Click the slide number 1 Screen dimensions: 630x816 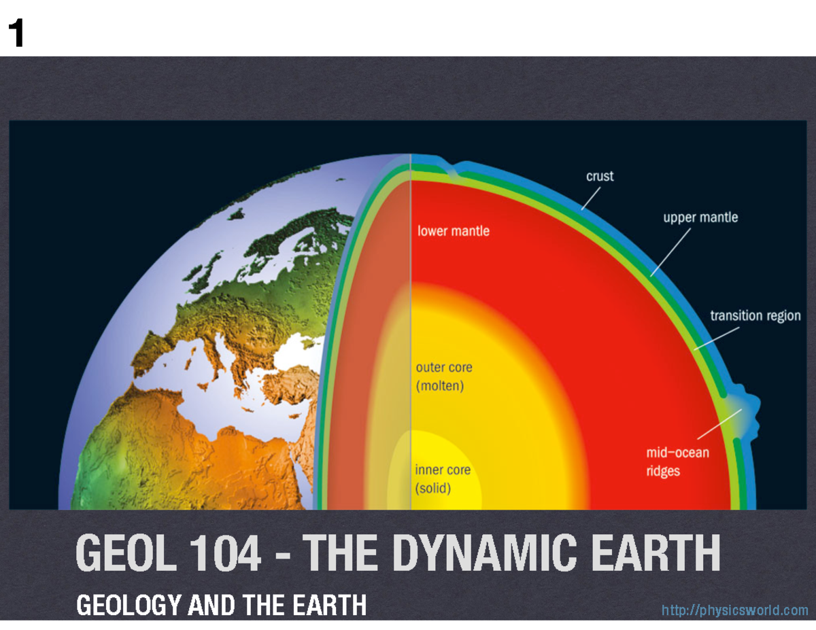[x=15, y=34]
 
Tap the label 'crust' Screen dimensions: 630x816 [x=600, y=176]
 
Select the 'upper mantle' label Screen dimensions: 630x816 [x=700, y=218]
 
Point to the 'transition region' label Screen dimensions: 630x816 [x=755, y=316]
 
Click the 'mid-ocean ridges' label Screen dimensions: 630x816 [x=677, y=461]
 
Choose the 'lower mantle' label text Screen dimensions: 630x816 [x=453, y=231]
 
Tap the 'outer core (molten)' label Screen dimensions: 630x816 [x=444, y=377]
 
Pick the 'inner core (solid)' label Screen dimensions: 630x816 [x=443, y=478]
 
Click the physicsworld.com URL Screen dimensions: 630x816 [x=734, y=610]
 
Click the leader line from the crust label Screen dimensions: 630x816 [x=591, y=198]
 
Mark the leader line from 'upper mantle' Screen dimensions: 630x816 [x=670, y=252]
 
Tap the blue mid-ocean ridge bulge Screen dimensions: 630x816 [x=747, y=410]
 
